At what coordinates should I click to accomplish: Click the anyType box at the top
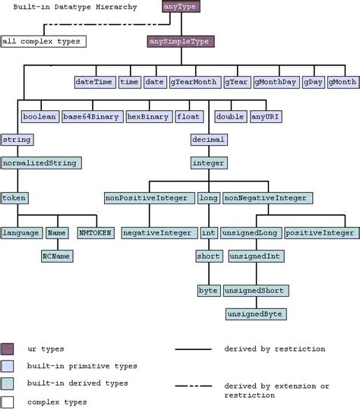(x=181, y=7)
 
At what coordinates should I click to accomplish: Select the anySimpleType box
(x=180, y=42)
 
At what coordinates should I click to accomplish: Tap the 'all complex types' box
(x=42, y=41)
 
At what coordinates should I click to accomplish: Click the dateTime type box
(x=95, y=81)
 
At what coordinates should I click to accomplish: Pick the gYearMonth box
(x=194, y=81)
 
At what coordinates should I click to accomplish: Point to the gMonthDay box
(x=276, y=81)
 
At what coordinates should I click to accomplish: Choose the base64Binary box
(x=92, y=116)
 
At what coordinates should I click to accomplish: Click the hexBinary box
(x=148, y=116)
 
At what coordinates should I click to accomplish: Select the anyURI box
(x=265, y=116)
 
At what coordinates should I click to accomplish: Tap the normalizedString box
(x=41, y=162)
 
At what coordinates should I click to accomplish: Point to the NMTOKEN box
(x=95, y=233)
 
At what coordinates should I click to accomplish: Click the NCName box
(x=57, y=257)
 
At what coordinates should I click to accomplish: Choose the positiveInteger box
(x=320, y=233)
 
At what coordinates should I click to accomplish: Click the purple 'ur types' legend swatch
(x=8, y=349)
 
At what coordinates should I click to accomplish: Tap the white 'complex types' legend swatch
(x=8, y=401)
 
